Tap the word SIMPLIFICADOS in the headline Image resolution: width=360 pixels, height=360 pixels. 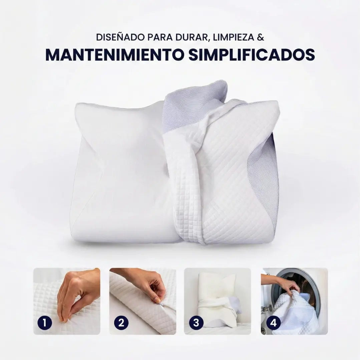252,55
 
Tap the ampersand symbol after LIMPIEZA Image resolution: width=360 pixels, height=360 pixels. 261,37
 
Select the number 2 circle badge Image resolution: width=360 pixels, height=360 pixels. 121,322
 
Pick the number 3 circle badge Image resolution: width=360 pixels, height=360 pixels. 196,322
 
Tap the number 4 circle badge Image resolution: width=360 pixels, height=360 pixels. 274,322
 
